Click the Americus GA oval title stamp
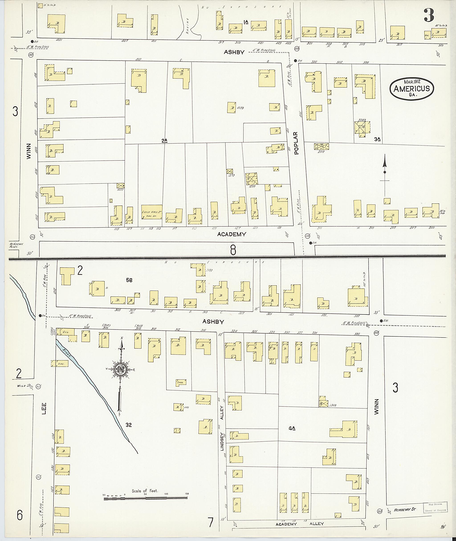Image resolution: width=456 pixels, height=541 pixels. coord(411,88)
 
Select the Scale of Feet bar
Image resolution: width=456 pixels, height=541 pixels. coord(146,498)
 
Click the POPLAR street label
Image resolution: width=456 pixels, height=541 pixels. coord(296,143)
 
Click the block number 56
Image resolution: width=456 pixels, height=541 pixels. coord(129,280)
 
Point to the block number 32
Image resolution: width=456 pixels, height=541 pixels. coord(128,425)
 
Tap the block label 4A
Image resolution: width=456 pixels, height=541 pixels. coord(292,428)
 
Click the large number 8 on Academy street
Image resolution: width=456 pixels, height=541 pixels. coord(233,250)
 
